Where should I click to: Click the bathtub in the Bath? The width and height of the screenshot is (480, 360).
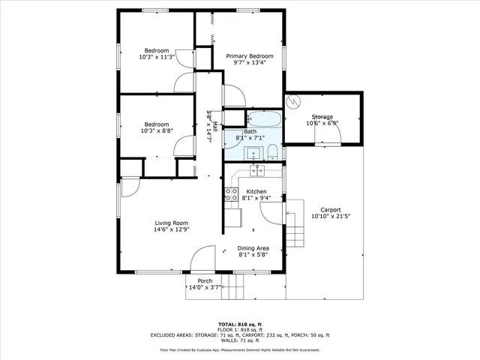point(263,120)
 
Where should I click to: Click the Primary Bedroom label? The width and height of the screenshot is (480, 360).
point(250,56)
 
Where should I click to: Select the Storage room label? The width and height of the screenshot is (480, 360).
point(322,117)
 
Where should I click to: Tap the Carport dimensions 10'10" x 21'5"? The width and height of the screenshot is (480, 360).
point(331,216)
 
